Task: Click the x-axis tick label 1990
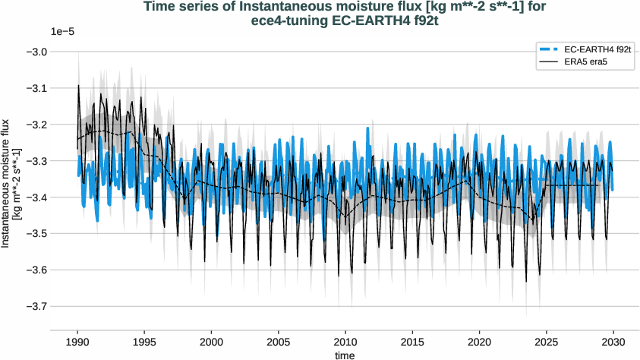coord(77,342)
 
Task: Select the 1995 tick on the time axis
coord(144,342)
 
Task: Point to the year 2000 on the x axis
coord(211,342)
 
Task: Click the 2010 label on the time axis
coord(345,342)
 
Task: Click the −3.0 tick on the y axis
coord(36,52)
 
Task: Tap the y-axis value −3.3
coord(36,161)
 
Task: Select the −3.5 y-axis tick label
coord(36,233)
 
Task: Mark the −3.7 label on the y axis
coord(36,306)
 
